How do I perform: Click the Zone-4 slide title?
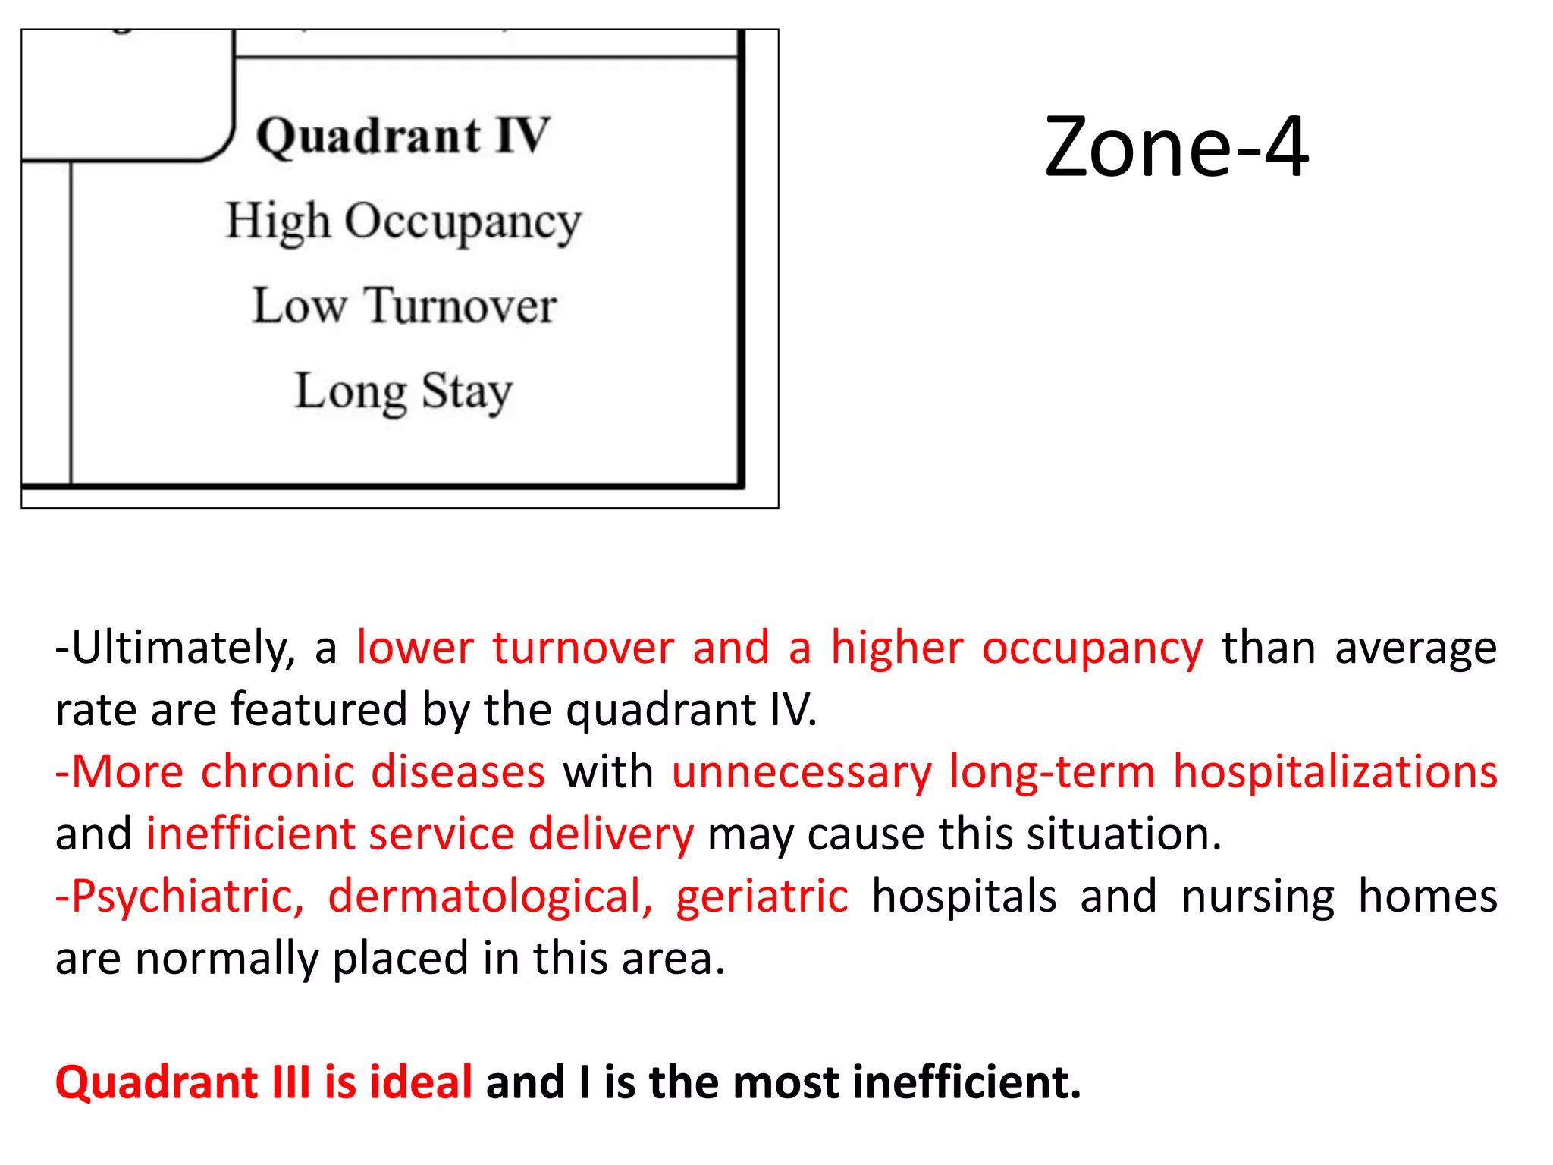point(1175,147)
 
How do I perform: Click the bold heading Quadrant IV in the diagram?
point(403,137)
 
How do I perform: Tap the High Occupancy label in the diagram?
point(403,222)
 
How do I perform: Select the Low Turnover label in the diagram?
point(404,306)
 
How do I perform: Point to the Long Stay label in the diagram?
point(403,392)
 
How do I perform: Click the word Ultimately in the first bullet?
point(183,649)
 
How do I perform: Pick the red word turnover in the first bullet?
point(582,648)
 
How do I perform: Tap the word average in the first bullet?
point(1415,649)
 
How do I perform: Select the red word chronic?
point(277,772)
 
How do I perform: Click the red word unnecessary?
point(802,774)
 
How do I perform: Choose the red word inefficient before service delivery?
point(249,834)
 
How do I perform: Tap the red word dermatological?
point(490,897)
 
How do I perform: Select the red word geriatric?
point(761,897)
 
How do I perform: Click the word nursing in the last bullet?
point(1257,897)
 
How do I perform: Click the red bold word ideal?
point(421,1082)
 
